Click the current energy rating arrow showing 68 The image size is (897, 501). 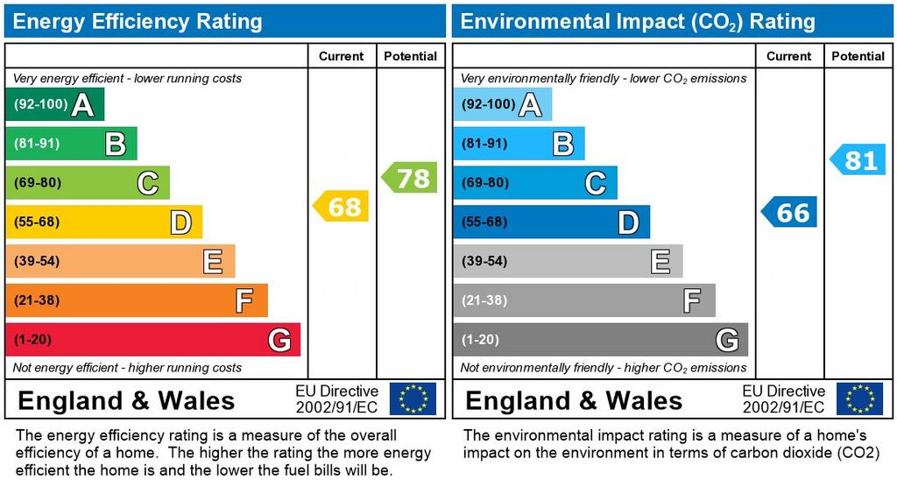click(342, 207)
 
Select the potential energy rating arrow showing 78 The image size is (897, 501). click(410, 178)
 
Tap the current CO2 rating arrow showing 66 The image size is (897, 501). click(789, 212)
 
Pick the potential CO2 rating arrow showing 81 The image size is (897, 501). click(858, 160)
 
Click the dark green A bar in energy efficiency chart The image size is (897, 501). click(54, 105)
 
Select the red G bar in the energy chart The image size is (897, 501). click(152, 340)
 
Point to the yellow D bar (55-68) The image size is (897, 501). click(103, 222)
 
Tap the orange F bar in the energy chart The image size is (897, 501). click(136, 300)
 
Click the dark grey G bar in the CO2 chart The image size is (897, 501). click(600, 340)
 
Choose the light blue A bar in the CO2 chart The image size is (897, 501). click(502, 105)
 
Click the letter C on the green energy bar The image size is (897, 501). click(147, 184)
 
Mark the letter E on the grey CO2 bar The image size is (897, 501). click(660, 261)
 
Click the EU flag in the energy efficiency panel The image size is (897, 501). click(412, 399)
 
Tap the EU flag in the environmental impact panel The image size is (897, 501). click(859, 399)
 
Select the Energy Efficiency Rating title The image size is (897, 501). click(138, 21)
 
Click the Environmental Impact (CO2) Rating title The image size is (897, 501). click(638, 21)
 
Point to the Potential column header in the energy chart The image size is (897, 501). click(410, 56)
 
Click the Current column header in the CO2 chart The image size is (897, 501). click(788, 56)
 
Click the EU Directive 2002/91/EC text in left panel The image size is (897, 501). click(336, 399)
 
